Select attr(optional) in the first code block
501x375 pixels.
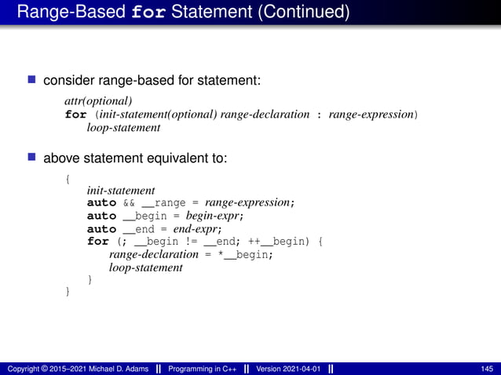98,101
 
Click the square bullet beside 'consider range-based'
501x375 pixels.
32,80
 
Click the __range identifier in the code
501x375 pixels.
163,203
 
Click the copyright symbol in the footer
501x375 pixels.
44,369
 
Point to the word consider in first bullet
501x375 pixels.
67,80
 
